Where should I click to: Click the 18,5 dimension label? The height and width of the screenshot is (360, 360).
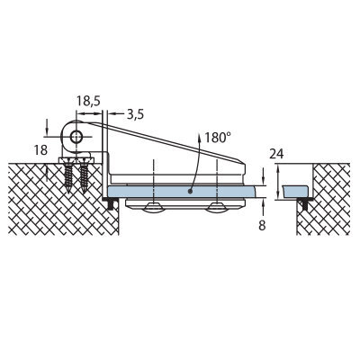pos(88,101)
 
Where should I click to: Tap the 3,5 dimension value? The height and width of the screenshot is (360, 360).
pos(135,114)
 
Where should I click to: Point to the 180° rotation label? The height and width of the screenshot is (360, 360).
pos(218,138)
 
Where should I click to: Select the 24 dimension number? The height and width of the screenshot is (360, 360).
pos(276,154)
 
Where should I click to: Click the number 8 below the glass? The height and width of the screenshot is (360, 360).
pos(262,225)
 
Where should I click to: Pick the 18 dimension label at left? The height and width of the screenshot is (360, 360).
pos(40,150)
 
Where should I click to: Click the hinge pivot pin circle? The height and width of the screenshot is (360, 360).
pos(76,138)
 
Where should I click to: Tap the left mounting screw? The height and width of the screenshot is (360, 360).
pos(69,175)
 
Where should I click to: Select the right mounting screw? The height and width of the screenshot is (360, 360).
pos(84,175)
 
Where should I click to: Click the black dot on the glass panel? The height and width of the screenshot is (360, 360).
pos(190,191)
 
